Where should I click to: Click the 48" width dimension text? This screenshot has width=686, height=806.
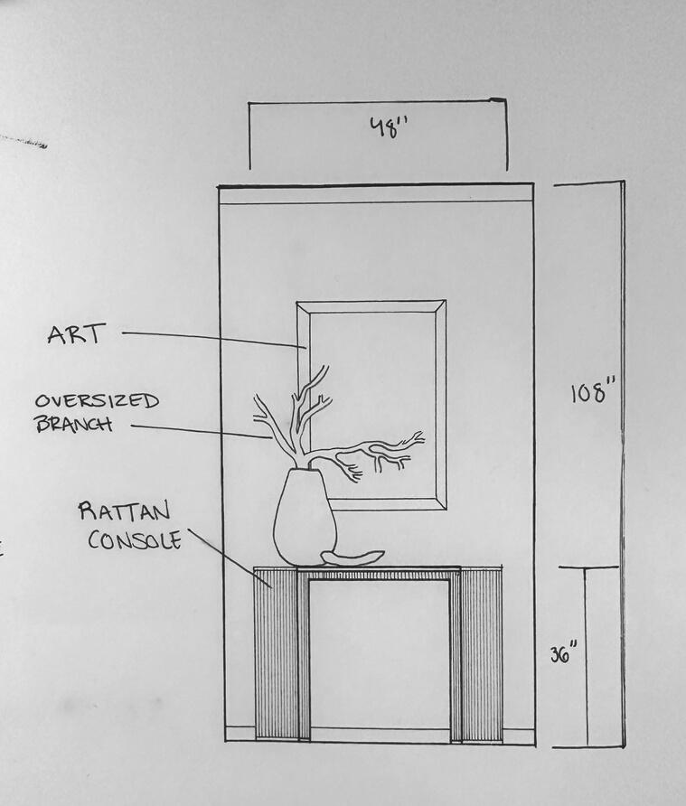[x=390, y=127]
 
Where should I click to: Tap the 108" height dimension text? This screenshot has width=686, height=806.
[x=592, y=394]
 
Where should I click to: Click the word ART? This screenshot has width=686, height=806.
[x=77, y=334]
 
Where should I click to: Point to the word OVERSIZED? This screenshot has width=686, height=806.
[x=98, y=400]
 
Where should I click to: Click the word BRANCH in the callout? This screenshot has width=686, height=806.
[x=74, y=423]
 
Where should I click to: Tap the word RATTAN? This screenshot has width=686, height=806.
[x=124, y=511]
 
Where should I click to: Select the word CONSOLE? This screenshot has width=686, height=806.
[x=135, y=539]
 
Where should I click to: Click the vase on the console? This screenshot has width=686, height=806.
[x=304, y=520]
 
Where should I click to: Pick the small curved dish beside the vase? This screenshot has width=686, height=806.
[x=353, y=558]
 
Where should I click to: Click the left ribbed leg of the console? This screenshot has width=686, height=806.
[x=277, y=653]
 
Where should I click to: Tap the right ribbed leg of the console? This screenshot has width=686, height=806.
[x=481, y=653]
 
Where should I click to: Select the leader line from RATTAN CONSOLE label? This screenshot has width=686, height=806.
[x=230, y=559]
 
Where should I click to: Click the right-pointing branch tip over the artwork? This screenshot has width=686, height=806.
[x=418, y=437]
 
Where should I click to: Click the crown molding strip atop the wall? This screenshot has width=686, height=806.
[x=376, y=193]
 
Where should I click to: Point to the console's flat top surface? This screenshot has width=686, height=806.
[x=380, y=568]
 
